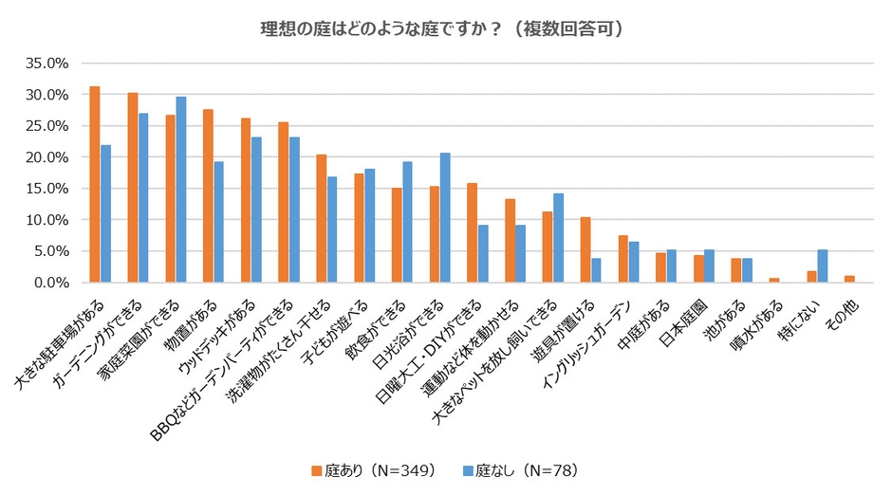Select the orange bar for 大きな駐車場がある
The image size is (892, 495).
[x=94, y=184]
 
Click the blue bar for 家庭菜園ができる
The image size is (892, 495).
[x=181, y=190]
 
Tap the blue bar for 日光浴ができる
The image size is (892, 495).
[x=445, y=217]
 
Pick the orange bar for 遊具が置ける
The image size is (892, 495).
[x=585, y=249]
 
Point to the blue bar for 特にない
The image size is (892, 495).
[x=822, y=266]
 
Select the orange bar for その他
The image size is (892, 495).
[x=848, y=279]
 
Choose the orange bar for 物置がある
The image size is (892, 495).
[x=207, y=195]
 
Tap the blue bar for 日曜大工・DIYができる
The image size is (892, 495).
[x=483, y=253]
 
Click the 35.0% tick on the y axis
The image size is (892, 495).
[x=47, y=64]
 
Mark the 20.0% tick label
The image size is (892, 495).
[x=47, y=157]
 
